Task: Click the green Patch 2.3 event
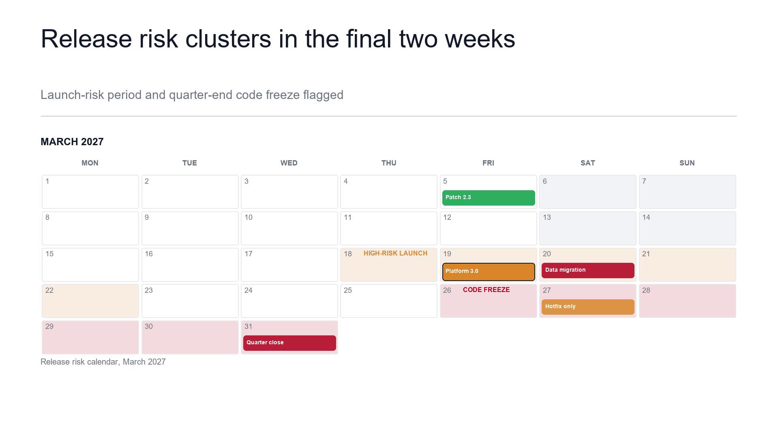[x=489, y=198]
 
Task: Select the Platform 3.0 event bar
[x=489, y=272]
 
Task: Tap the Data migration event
[x=588, y=271]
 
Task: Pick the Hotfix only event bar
[x=588, y=307]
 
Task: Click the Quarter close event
[x=289, y=343]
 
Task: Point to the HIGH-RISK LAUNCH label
[x=395, y=253]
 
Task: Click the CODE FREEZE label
[x=486, y=290]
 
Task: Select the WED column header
[x=289, y=163]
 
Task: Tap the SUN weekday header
[x=687, y=163]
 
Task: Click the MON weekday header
[x=90, y=163]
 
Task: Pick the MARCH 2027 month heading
[x=72, y=142]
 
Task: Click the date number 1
[x=47, y=181]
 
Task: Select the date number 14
[x=646, y=217]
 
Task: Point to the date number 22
[x=49, y=290]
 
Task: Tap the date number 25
[x=348, y=290]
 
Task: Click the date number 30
[x=149, y=326]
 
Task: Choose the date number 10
[x=249, y=217]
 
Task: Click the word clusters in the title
[x=228, y=39]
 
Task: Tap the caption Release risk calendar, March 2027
[x=103, y=362]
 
